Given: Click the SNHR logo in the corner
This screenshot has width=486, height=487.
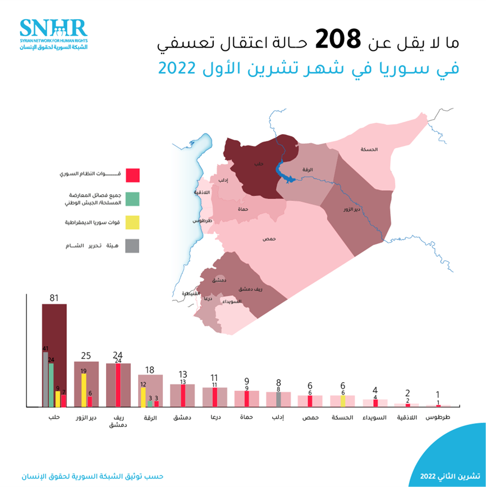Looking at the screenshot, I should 54,33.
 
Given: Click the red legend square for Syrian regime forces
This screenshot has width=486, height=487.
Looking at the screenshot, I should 132,175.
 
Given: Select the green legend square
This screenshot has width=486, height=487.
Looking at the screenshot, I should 132,199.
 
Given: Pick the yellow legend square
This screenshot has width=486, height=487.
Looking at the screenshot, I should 132,222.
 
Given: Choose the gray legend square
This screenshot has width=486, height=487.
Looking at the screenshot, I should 132,245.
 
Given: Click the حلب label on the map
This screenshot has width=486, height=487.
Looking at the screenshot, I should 259,164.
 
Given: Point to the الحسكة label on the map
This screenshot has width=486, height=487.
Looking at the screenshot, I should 369,150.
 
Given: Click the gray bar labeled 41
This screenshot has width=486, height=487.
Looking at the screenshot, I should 45,379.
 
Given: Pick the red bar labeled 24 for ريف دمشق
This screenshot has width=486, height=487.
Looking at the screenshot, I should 118,385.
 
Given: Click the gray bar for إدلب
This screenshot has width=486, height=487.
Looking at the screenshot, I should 278,399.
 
